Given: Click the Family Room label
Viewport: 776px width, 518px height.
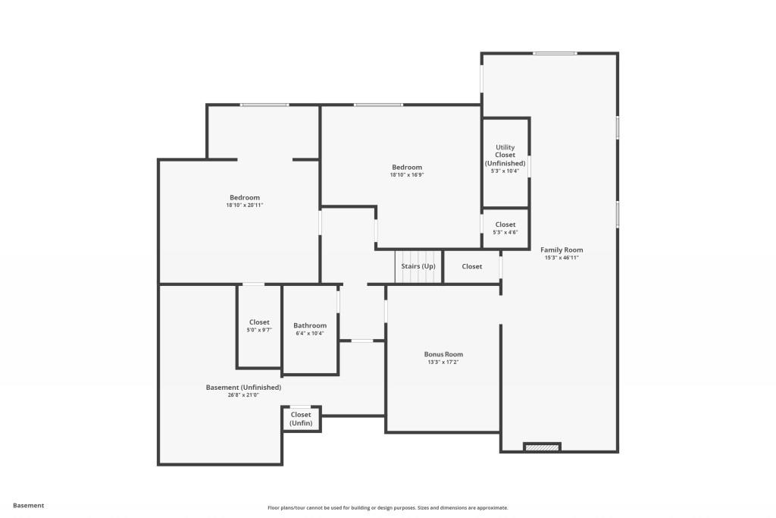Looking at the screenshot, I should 562,250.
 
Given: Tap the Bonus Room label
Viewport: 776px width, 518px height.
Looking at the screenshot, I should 443,354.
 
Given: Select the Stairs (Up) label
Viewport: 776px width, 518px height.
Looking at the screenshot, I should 418,266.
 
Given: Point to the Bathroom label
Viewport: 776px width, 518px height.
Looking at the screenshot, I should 310,325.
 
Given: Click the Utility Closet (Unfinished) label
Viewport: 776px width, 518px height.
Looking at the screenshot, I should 505,155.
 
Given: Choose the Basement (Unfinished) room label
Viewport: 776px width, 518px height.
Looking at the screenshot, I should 243,387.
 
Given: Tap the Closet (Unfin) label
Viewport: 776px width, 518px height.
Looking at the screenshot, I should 301,419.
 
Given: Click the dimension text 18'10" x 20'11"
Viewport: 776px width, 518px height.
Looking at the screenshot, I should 244,206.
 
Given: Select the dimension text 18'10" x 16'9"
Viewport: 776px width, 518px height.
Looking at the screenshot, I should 407,175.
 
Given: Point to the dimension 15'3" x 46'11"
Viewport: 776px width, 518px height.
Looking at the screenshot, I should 562,258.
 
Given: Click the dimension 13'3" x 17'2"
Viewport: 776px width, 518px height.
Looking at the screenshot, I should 443,363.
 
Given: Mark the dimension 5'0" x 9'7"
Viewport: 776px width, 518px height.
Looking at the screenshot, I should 259,330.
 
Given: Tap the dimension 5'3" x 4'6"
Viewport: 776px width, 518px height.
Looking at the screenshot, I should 505,232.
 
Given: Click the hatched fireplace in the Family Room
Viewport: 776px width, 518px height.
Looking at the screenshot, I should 542,447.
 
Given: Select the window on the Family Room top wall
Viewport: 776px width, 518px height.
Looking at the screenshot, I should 554,53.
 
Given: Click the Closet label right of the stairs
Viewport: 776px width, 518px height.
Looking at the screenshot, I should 472,266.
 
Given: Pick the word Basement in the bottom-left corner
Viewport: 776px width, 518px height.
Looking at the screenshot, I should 29,505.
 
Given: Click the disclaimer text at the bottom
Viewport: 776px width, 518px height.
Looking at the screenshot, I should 387,508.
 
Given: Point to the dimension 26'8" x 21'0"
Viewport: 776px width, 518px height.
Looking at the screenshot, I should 243,395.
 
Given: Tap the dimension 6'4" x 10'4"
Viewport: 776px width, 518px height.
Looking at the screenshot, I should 310,334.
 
